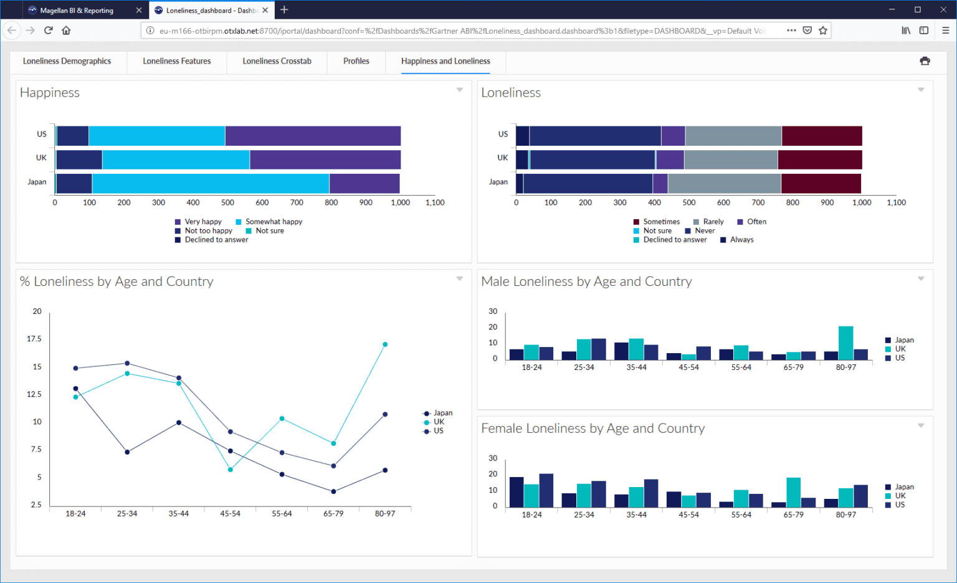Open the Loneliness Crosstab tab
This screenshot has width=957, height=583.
pos(277,61)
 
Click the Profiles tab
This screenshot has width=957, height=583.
pos(356,61)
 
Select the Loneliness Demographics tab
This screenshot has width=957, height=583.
pos(67,61)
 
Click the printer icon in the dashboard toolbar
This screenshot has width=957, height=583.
pos(925,61)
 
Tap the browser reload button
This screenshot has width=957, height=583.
pos(48,30)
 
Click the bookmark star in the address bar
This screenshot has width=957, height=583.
pos(823,30)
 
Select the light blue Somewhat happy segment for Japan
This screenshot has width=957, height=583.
pos(211,184)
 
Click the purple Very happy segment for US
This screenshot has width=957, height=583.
pos(313,136)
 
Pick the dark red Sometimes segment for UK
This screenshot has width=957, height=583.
pos(820,159)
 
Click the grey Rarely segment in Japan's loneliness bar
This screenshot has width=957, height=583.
pos(724,184)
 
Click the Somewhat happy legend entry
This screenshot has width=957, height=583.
pos(274,222)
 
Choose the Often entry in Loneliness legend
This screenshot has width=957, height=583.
pos(756,222)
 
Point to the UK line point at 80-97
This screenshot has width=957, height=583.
pos(385,344)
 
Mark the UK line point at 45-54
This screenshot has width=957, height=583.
pos(231,470)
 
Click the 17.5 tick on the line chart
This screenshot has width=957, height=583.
pos(34,339)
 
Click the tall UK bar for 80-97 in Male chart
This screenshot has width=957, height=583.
pos(845,343)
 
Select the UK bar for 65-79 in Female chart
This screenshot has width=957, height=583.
pos(793,492)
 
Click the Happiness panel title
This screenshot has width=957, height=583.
pos(50,93)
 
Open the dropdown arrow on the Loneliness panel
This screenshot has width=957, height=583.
pos(921,90)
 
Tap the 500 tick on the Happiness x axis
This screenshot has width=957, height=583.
pos(227,202)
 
